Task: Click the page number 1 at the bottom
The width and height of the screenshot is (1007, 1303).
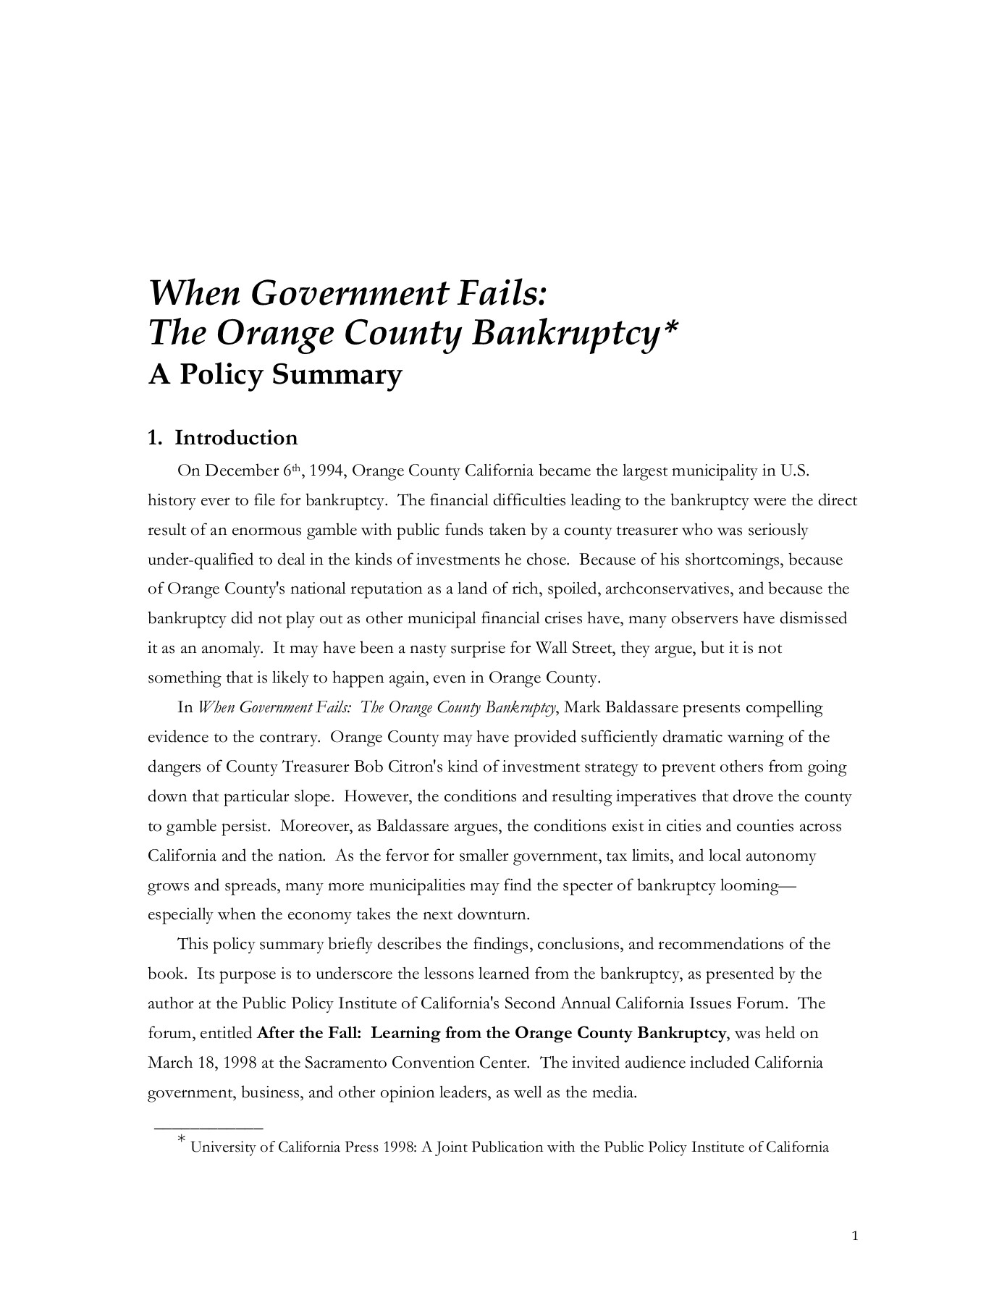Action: tap(855, 1236)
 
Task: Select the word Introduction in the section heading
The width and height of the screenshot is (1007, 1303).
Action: tap(236, 438)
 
